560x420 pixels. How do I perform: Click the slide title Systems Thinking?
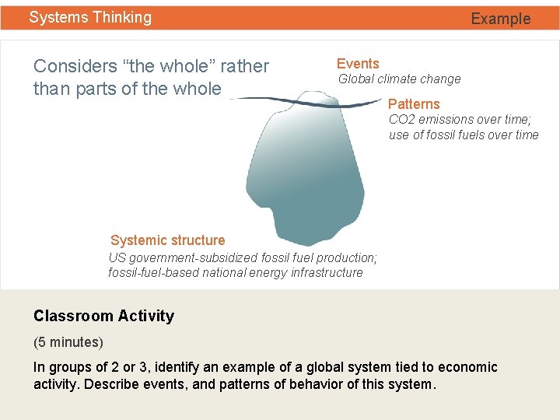click(90, 17)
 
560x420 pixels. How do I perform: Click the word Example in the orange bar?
click(500, 19)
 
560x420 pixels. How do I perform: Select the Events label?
click(358, 64)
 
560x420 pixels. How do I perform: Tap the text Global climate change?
click(399, 79)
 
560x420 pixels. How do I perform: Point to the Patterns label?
click(414, 104)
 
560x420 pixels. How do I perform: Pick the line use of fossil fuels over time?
click(464, 135)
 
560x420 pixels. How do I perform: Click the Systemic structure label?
click(167, 240)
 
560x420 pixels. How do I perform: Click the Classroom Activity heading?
click(103, 316)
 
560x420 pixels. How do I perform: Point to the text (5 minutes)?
click(68, 342)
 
